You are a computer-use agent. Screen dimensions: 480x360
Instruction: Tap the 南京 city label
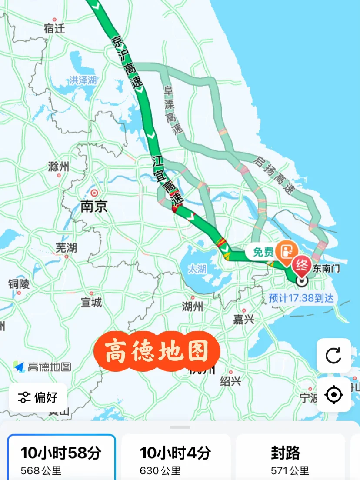94,206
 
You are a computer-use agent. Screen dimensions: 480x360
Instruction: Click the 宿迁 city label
54,29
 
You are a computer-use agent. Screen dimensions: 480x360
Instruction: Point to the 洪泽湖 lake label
83,80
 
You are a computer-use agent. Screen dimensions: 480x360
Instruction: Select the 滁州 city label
59,167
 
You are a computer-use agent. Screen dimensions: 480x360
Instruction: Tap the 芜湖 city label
66,248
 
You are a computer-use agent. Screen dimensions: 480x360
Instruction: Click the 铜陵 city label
19,284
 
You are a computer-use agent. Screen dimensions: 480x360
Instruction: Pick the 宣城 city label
91,302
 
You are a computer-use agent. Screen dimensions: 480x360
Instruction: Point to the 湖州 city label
192,307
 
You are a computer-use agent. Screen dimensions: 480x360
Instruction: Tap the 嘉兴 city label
243,320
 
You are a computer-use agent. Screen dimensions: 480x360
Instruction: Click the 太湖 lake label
197,269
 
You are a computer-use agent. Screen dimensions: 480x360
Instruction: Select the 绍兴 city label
230,381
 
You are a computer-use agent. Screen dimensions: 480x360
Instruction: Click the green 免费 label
264,252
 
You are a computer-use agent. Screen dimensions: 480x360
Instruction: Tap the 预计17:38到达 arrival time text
301,299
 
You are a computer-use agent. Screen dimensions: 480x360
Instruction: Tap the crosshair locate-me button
333,395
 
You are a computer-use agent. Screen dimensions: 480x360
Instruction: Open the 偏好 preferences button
38,397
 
